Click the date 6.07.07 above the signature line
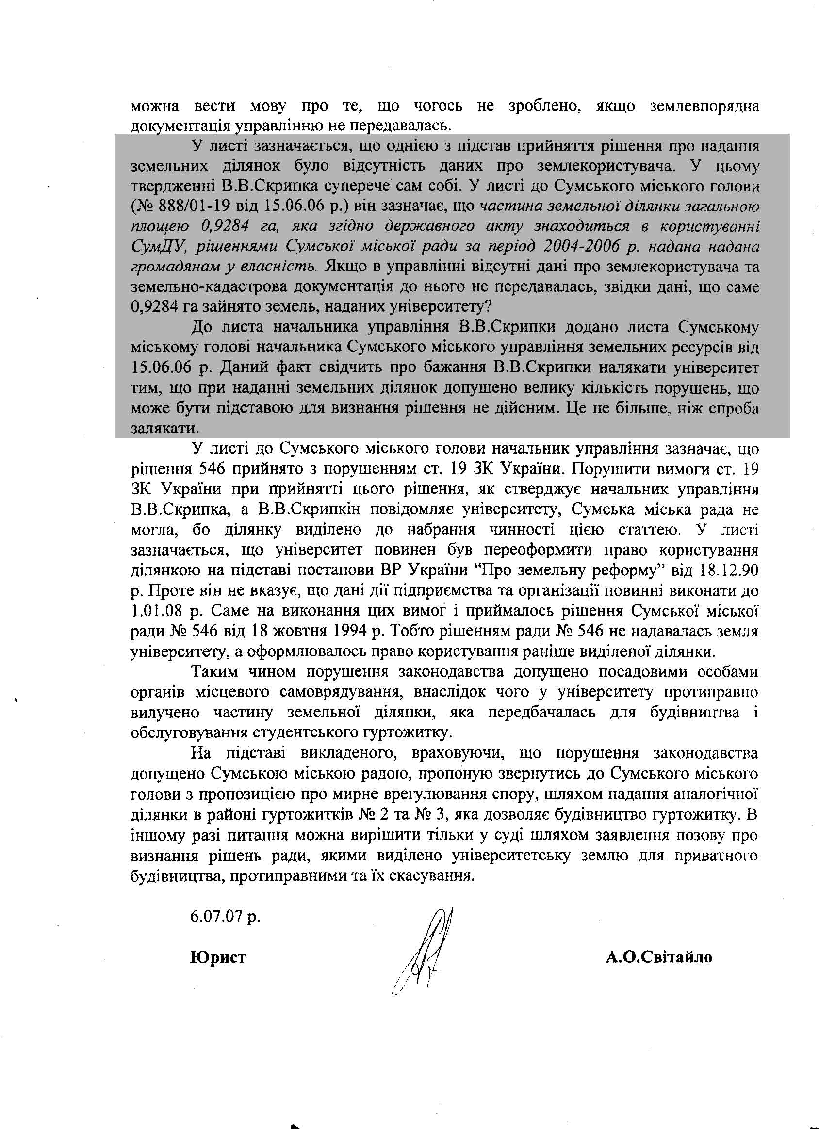(225, 915)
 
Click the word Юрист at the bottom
(218, 957)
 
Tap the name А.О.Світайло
(658, 957)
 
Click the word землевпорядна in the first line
(704, 106)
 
